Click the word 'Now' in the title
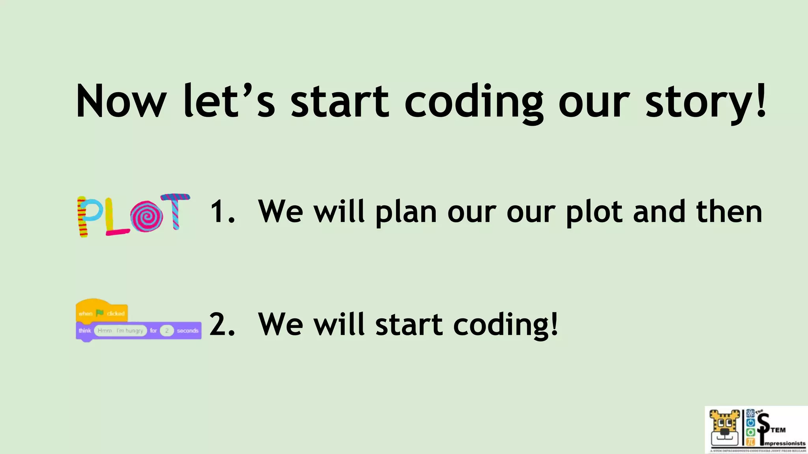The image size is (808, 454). tap(121, 101)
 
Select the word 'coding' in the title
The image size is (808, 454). tap(474, 102)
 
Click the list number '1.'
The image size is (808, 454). tap(223, 212)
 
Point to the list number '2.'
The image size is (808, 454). tap(222, 324)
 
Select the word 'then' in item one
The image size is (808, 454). tap(729, 212)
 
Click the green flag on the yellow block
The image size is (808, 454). tap(100, 313)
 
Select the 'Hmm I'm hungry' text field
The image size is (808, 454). tap(120, 331)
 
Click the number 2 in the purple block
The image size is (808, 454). tap(167, 331)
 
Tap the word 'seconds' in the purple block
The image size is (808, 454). tap(187, 331)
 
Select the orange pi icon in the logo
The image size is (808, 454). tap(750, 442)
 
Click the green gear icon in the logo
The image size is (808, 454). tap(750, 432)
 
